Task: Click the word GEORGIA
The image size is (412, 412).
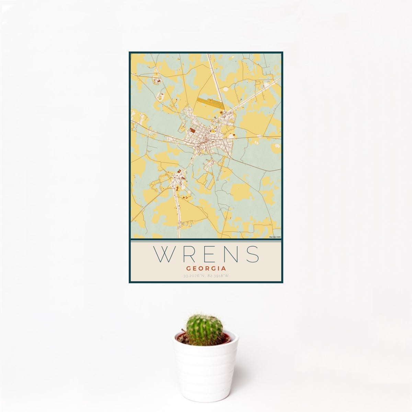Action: (x=206, y=269)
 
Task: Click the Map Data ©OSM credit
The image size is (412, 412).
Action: (x=275, y=237)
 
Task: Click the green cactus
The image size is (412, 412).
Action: (x=204, y=329)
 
